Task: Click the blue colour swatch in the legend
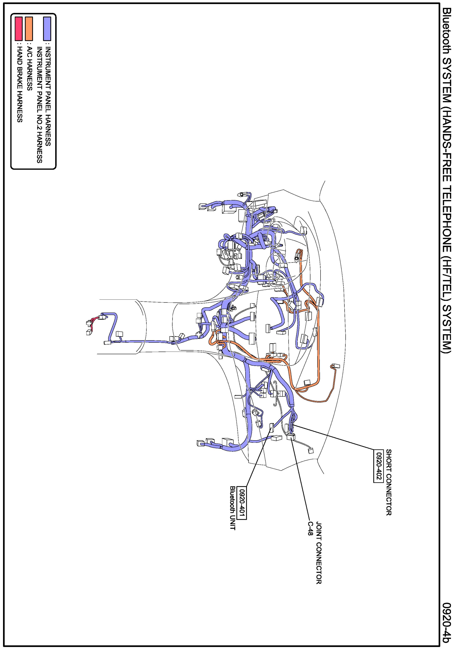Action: pyautogui.click(x=47, y=28)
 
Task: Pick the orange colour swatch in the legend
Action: pyautogui.click(x=29, y=28)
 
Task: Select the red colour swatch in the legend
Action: pyautogui.click(x=19, y=28)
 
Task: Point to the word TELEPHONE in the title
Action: pyautogui.click(x=447, y=217)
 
